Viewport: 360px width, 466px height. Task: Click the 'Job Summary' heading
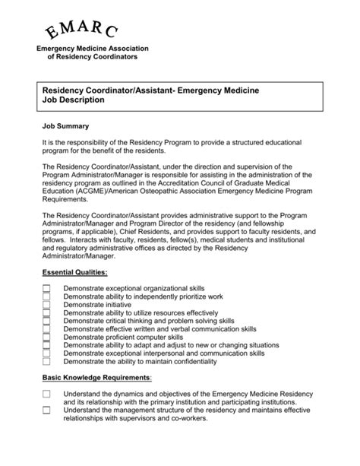pyautogui.click(x=66, y=125)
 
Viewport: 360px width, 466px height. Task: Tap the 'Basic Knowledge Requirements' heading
pyautogui.click(x=96, y=377)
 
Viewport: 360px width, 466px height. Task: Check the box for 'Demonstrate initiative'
pyautogui.click(x=46, y=304)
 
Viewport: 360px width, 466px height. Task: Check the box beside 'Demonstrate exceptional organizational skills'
pyautogui.click(x=46, y=289)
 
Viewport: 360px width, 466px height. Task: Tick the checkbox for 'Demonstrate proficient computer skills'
pyautogui.click(x=46, y=337)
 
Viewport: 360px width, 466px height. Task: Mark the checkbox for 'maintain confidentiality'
pyautogui.click(x=46, y=361)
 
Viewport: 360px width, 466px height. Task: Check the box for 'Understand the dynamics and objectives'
pyautogui.click(x=46, y=394)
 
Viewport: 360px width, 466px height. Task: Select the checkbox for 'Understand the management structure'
pyautogui.click(x=46, y=410)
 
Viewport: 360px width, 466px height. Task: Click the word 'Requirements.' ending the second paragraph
pyautogui.click(x=66, y=201)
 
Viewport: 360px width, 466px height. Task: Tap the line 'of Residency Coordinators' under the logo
pyautogui.click(x=93, y=57)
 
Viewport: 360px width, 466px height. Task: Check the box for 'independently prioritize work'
pyautogui.click(x=46, y=296)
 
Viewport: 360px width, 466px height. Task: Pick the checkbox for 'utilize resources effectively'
pyautogui.click(x=46, y=312)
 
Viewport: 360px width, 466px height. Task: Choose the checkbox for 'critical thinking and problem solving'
pyautogui.click(x=46, y=321)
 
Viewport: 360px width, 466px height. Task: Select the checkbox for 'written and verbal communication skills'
pyautogui.click(x=46, y=328)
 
